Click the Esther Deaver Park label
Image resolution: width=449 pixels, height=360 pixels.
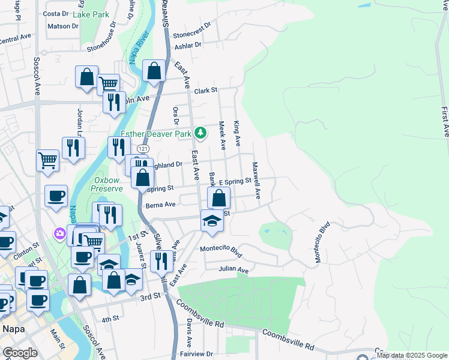pos(155,134)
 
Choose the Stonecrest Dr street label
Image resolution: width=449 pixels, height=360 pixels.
pos(192,30)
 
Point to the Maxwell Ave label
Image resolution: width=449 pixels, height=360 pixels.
pos(256,180)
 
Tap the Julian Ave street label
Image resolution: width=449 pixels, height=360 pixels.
pos(234,270)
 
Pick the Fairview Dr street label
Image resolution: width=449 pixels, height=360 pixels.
pos(197,354)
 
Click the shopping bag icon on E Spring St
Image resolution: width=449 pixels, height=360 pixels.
pos(220,197)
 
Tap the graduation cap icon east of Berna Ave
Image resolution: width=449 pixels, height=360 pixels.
pos(212,221)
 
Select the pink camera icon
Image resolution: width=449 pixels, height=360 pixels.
pos(60,233)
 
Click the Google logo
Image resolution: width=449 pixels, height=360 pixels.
pos(20,353)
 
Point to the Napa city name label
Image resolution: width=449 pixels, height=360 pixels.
pos(13,329)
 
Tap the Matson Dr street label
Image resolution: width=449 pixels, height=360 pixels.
pos(63,26)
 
